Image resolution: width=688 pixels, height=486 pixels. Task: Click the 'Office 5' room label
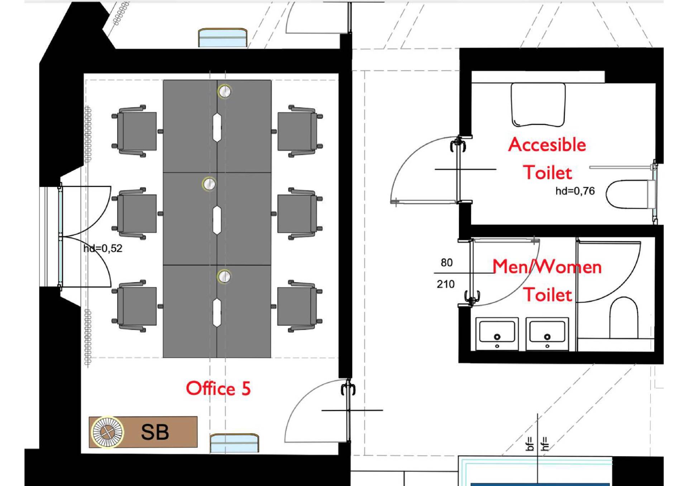click(x=218, y=389)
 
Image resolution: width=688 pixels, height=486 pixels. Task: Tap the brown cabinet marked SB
click(x=143, y=432)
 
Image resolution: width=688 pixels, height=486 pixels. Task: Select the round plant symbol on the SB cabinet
click(x=107, y=432)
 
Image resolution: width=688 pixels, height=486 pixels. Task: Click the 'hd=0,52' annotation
click(x=103, y=248)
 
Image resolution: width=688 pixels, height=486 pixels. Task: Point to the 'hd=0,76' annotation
click(x=575, y=191)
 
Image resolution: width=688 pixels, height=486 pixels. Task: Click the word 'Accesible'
click(x=547, y=145)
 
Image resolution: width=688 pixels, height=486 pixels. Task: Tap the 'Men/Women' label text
click(x=547, y=267)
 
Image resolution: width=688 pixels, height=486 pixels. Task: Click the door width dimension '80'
click(x=446, y=263)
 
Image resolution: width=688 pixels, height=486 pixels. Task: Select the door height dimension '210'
click(x=445, y=284)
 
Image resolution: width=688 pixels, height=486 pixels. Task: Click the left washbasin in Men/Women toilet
click(x=497, y=333)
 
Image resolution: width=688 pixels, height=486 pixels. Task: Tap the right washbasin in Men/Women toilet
click(x=547, y=333)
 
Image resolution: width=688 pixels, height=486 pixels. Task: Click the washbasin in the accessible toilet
click(x=538, y=105)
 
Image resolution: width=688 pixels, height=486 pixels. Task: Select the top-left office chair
click(x=134, y=131)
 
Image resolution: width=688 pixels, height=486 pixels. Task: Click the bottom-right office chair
click(x=300, y=306)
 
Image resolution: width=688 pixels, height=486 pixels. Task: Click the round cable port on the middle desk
click(x=209, y=184)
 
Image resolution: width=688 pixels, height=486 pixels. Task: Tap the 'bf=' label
click(x=529, y=444)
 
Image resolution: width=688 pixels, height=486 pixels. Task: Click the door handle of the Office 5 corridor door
click(x=348, y=389)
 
